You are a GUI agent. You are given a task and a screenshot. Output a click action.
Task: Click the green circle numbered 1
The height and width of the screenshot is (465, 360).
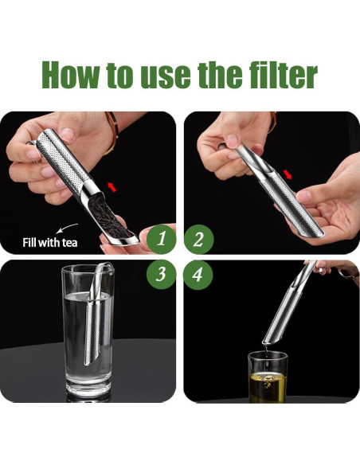[162, 237]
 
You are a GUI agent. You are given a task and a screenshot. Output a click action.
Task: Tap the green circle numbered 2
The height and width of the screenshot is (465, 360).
[199, 237]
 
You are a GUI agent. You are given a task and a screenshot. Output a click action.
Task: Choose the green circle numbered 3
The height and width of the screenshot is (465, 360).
[162, 275]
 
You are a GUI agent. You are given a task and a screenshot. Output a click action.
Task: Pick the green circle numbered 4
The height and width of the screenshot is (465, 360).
[199, 275]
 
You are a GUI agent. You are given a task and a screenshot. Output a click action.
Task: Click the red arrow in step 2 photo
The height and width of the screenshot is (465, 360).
[288, 173]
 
